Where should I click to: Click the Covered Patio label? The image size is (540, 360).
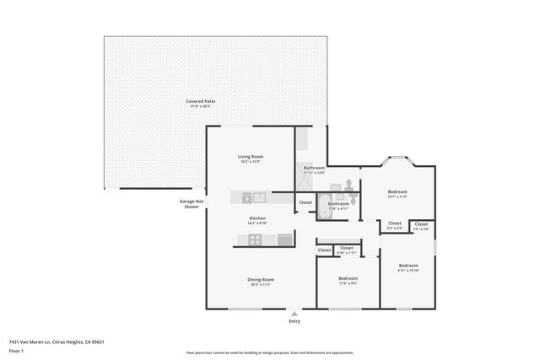(x=201, y=101)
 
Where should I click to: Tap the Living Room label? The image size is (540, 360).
(x=251, y=157)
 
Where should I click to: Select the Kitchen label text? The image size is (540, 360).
(x=257, y=218)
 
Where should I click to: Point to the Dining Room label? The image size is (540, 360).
(x=262, y=280)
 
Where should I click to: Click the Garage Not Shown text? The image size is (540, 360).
(x=191, y=204)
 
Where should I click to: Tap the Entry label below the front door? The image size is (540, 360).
(x=294, y=321)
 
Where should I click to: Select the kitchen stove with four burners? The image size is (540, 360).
(x=255, y=240)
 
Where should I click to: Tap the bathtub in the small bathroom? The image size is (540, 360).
(x=327, y=215)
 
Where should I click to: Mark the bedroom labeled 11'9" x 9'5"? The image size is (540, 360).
(x=348, y=279)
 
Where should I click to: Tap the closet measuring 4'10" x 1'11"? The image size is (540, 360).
(x=346, y=249)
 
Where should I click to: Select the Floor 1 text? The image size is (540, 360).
(x=15, y=350)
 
